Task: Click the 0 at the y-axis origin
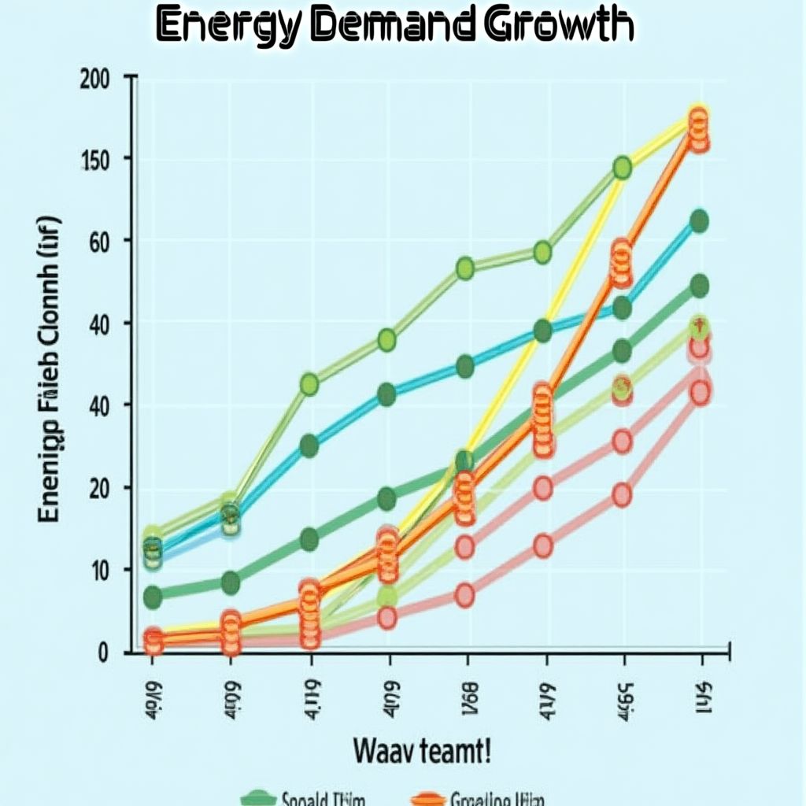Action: pos(102,652)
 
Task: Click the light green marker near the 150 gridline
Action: pos(622,168)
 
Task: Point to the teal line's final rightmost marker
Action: pos(699,221)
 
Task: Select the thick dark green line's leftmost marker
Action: pos(153,597)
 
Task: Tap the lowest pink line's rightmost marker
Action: pos(700,393)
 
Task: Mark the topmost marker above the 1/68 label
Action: pos(464,268)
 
